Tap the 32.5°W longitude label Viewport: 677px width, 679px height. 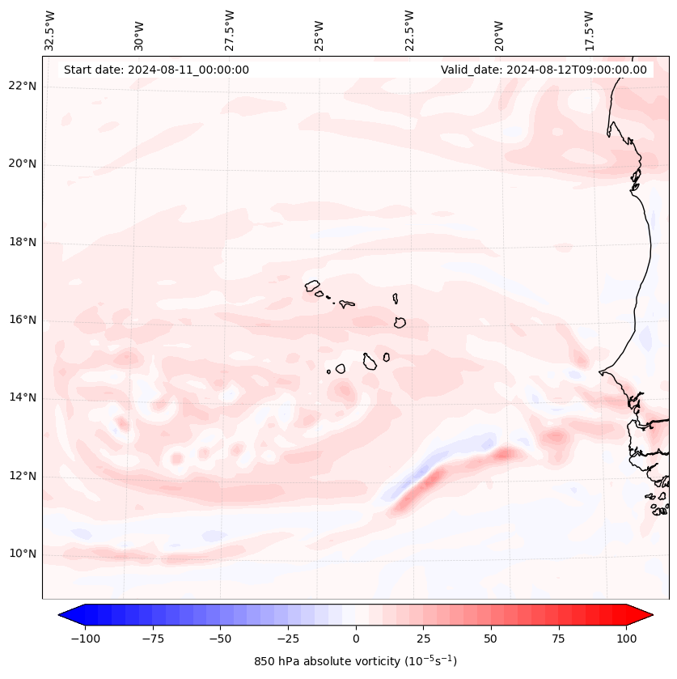click(x=51, y=30)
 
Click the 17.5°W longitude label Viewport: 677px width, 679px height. click(x=589, y=30)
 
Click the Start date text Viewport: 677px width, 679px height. click(x=156, y=70)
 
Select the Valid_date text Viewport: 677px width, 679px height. click(x=544, y=70)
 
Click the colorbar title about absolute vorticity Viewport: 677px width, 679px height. click(x=355, y=661)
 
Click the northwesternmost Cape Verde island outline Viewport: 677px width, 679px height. click(x=312, y=285)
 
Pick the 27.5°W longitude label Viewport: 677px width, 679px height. click(x=230, y=30)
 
